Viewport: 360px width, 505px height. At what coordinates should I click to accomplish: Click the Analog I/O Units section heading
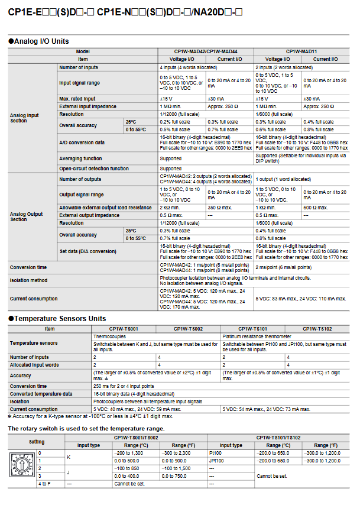click(x=41, y=41)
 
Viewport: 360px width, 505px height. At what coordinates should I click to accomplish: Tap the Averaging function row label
click(x=80, y=158)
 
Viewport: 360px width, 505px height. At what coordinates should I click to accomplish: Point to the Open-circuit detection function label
click(x=93, y=169)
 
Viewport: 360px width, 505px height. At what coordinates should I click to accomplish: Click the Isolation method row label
click(x=28, y=280)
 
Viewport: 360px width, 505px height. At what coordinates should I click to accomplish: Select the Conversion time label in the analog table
click(x=28, y=267)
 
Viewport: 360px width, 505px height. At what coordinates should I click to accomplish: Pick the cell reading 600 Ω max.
click(x=316, y=208)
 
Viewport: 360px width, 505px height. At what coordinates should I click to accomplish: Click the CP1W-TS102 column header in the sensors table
click(x=317, y=329)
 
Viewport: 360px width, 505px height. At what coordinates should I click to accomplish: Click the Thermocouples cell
click(x=109, y=336)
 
